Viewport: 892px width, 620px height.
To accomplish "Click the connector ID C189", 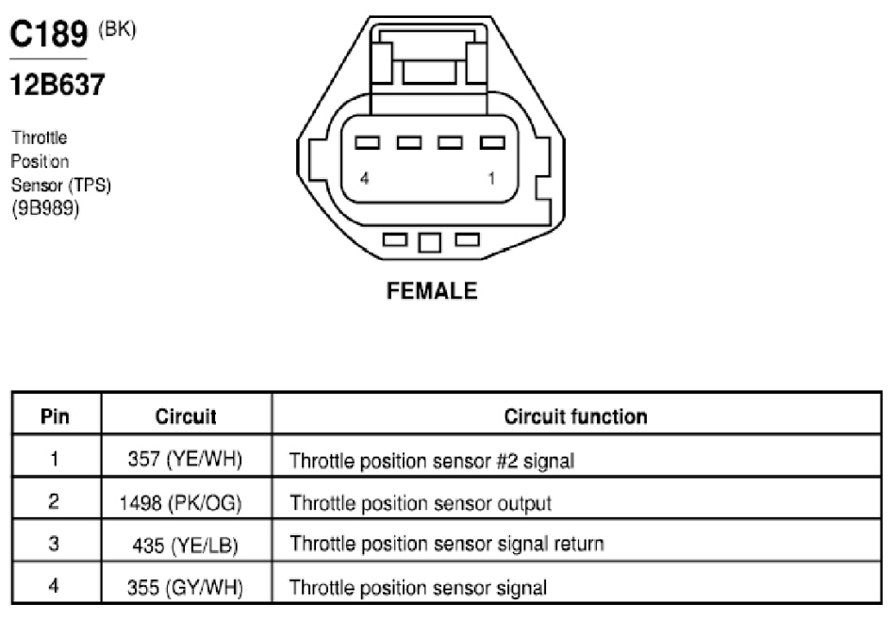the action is [49, 34].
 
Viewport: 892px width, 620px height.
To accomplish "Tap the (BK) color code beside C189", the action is [117, 29].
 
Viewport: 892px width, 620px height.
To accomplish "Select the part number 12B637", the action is [58, 85].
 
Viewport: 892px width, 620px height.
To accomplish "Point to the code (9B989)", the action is [45, 208].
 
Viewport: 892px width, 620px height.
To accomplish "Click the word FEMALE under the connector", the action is [432, 291].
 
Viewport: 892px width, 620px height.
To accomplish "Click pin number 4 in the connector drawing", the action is [365, 178].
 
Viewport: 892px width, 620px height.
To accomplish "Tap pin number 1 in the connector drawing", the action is [491, 178].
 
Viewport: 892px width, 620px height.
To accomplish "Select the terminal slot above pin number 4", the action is [367, 142].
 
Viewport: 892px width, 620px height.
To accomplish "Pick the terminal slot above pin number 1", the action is [492, 142].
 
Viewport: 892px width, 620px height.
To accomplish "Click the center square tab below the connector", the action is [430, 243].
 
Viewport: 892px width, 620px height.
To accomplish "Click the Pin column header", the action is [56, 416].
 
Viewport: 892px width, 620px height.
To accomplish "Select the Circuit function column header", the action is [576, 416].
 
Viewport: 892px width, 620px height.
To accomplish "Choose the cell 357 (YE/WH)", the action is [186, 459].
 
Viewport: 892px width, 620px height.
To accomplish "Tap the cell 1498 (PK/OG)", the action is [181, 503].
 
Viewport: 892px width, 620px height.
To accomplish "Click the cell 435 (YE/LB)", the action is [186, 546].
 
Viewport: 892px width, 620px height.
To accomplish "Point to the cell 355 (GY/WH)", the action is [186, 588].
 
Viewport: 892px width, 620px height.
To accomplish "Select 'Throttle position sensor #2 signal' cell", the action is [432, 461].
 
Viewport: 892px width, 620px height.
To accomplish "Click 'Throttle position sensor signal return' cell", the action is [447, 544].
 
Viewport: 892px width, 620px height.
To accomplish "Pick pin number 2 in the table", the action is [54, 500].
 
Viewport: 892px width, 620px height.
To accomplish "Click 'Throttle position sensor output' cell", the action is [421, 503].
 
